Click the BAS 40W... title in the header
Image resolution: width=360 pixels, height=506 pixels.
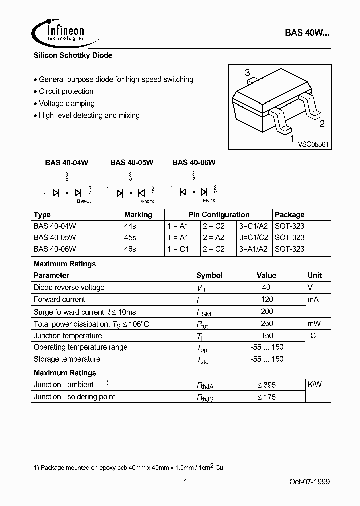click(307, 33)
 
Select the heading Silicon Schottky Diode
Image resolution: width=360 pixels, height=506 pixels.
click(73, 56)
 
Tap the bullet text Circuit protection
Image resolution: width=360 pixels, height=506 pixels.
click(66, 91)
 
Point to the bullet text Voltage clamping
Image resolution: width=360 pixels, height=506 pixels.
click(66, 103)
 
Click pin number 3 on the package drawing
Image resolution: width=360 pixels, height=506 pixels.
click(247, 73)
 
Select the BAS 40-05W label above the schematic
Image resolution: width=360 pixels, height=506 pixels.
click(131, 162)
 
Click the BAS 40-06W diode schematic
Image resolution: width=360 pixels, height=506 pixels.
click(194, 190)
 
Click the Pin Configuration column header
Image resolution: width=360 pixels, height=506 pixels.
click(218, 214)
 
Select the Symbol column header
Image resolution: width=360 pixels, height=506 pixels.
click(209, 275)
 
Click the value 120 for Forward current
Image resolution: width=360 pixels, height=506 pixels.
click(267, 299)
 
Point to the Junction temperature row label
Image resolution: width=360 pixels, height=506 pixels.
click(68, 336)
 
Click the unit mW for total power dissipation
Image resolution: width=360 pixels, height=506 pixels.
click(314, 324)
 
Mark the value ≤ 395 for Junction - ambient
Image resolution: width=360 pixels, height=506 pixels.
click(266, 385)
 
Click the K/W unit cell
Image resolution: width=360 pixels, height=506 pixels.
click(314, 385)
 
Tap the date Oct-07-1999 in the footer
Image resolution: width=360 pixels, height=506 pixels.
click(309, 482)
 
